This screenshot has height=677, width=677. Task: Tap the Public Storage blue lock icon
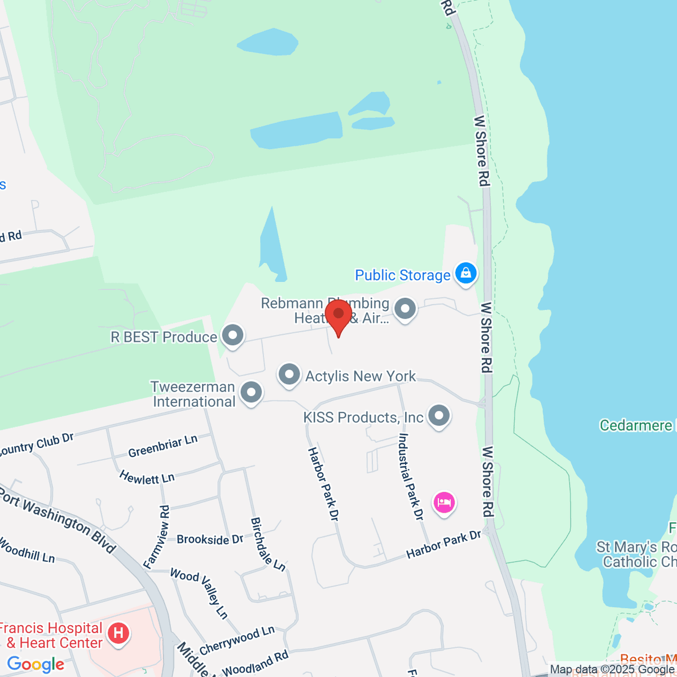click(x=466, y=274)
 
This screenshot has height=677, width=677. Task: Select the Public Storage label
click(x=402, y=275)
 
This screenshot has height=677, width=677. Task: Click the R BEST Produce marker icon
click(x=232, y=336)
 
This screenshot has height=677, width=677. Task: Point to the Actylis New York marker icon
click(x=289, y=375)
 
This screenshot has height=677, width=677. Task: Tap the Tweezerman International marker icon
click(x=251, y=392)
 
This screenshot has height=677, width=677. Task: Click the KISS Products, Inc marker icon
click(x=439, y=416)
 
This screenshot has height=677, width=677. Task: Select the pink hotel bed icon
click(x=444, y=502)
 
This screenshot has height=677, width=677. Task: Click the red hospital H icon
click(x=118, y=633)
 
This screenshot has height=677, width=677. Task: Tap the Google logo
click(x=36, y=664)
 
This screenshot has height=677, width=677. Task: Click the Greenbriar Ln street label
click(x=162, y=446)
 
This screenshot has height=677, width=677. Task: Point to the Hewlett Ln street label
click(x=147, y=477)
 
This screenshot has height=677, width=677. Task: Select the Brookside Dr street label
click(x=210, y=539)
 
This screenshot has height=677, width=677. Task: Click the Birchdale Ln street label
click(x=268, y=544)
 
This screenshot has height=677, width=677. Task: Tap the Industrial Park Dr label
click(x=411, y=477)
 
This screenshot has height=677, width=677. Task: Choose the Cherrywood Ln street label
click(x=237, y=640)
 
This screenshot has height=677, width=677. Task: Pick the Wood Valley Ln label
click(x=199, y=593)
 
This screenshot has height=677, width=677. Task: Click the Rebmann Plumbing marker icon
click(x=405, y=309)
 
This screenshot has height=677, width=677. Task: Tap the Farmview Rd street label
click(x=156, y=536)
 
